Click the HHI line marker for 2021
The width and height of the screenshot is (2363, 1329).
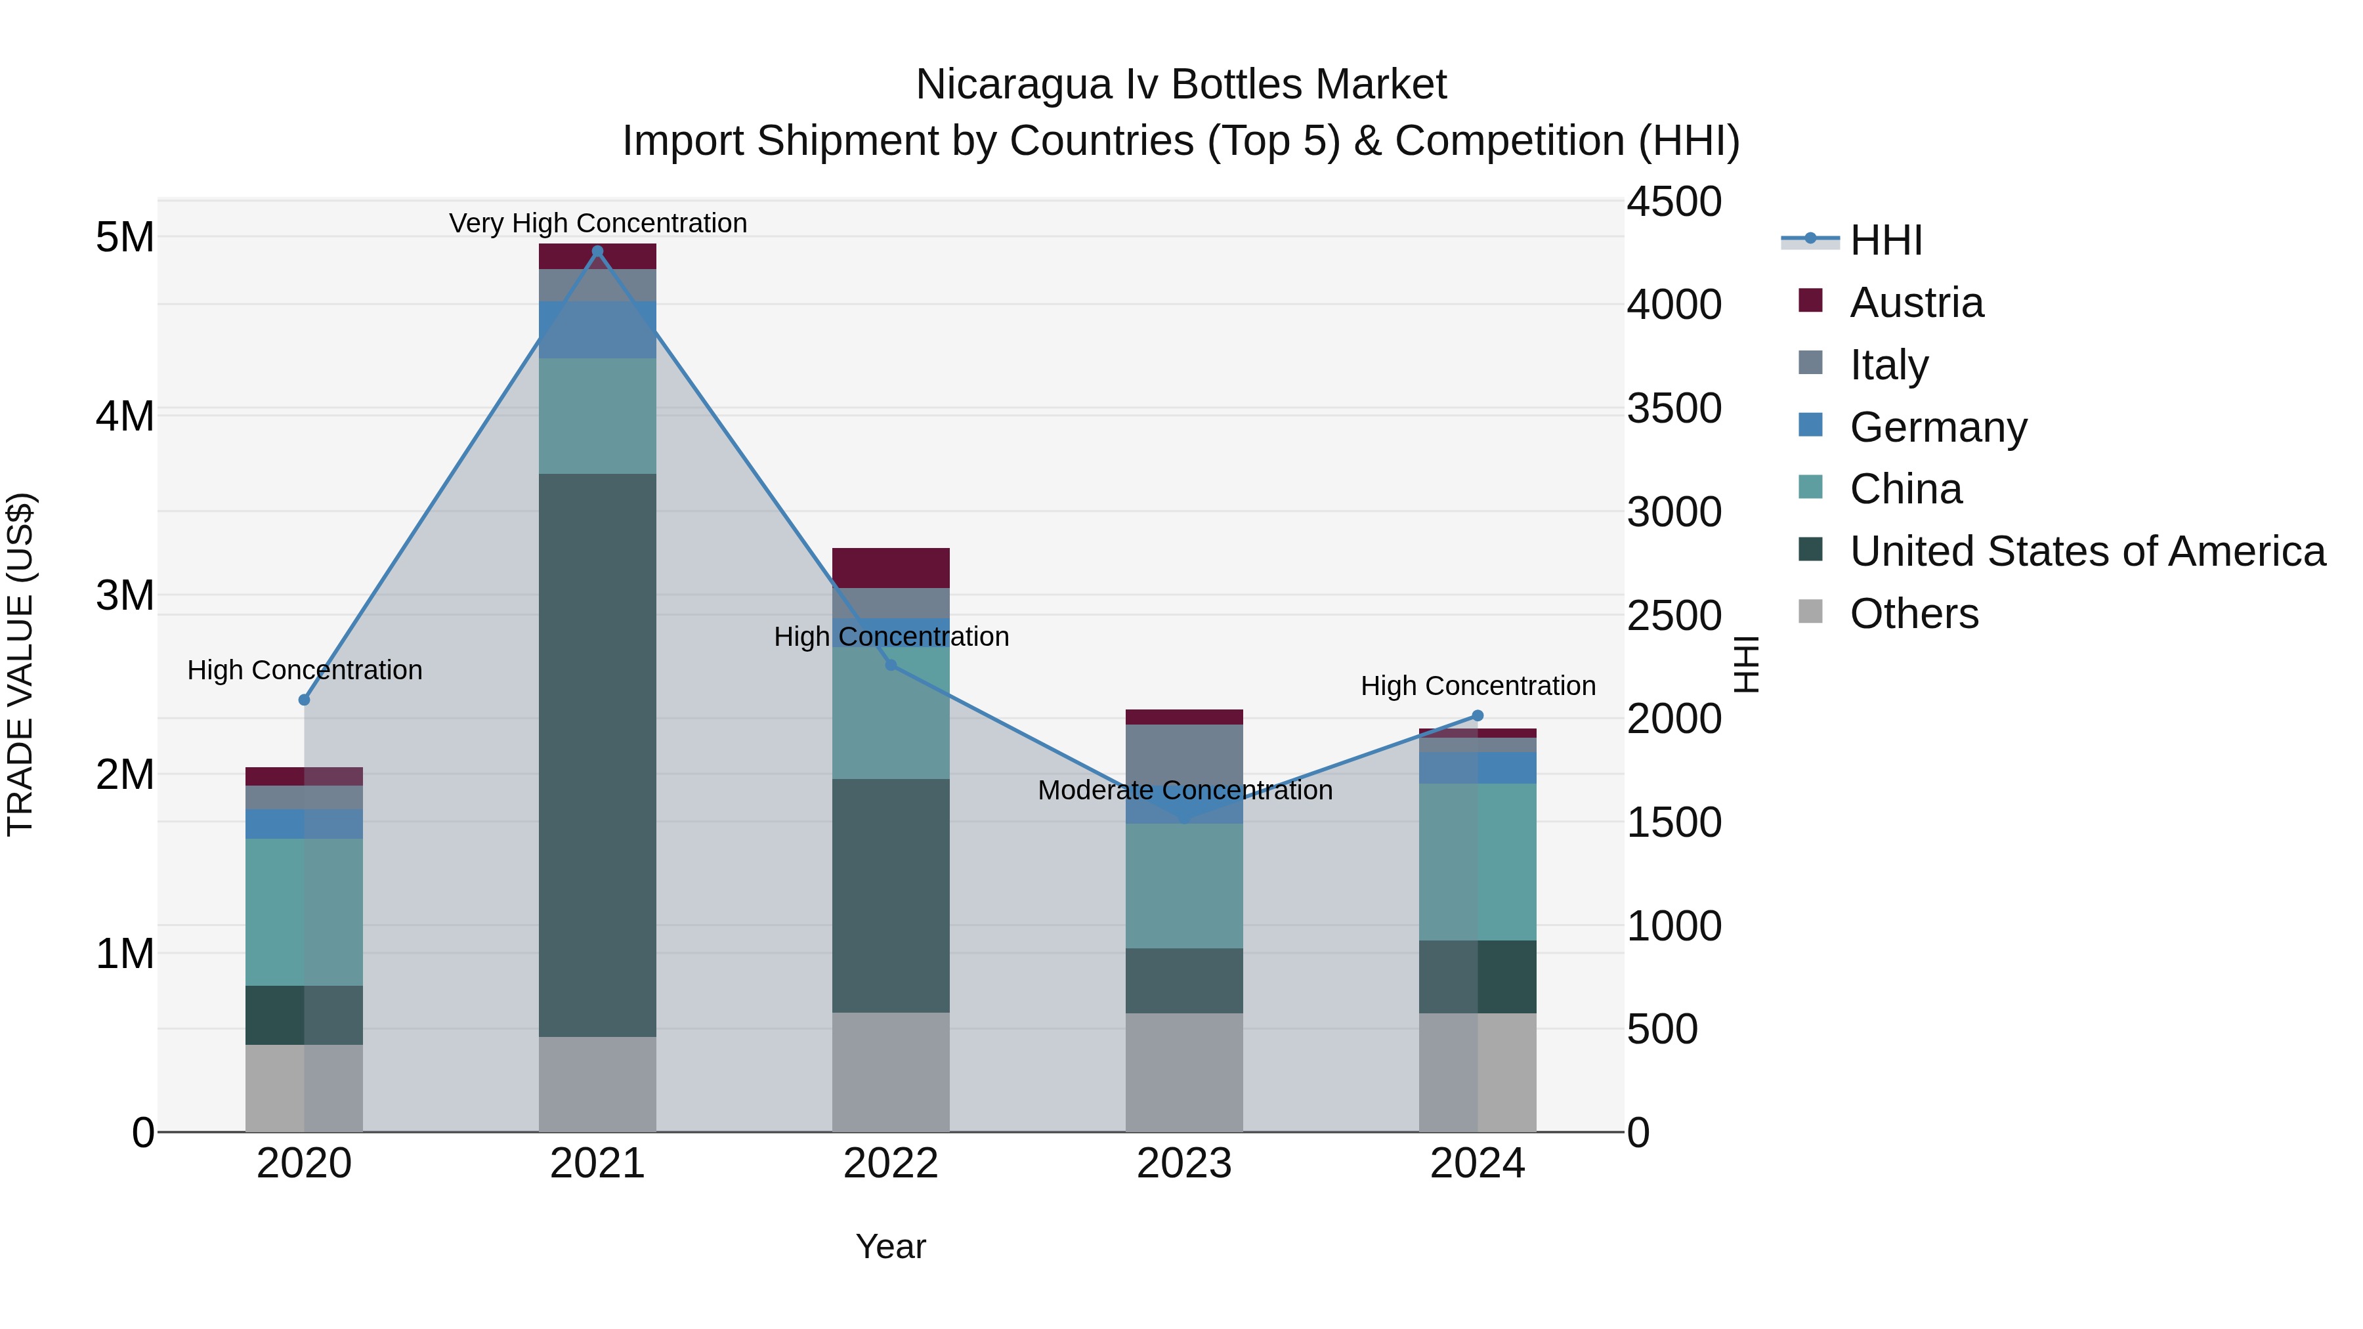pyautogui.click(x=597, y=251)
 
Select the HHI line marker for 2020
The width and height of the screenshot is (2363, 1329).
pyautogui.click(x=305, y=700)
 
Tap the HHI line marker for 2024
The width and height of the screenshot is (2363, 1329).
pyautogui.click(x=1477, y=715)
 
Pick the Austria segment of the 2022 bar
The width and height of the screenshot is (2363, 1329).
pyautogui.click(x=890, y=568)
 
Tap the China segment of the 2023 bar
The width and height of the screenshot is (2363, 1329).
pyautogui.click(x=1183, y=885)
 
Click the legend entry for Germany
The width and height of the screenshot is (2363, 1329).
pyautogui.click(x=1938, y=427)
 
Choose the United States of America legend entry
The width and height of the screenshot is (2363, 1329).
pyautogui.click(x=2087, y=551)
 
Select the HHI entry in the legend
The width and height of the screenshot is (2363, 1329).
pyautogui.click(x=1885, y=240)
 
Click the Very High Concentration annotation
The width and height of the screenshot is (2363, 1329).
pyautogui.click(x=598, y=223)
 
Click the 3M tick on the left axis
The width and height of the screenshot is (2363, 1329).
pyautogui.click(x=125, y=595)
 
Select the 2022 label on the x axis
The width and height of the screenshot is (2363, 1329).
pyautogui.click(x=890, y=1164)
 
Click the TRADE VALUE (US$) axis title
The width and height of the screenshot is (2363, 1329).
pyautogui.click(x=21, y=664)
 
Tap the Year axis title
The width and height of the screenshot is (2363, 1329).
pyautogui.click(x=890, y=1246)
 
